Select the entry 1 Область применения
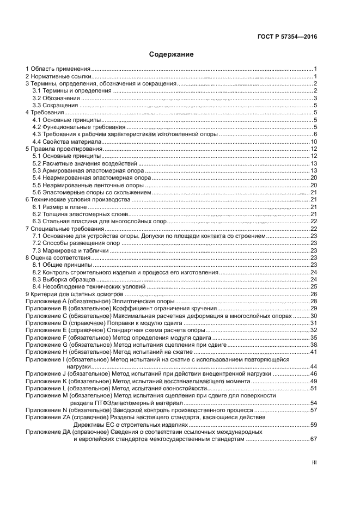[x=58, y=69]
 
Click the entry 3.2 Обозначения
[x=56, y=98]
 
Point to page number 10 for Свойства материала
[x=314, y=142]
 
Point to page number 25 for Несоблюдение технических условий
[x=314, y=286]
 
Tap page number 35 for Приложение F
[x=314, y=337]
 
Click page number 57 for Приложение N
[x=314, y=409]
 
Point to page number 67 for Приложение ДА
[x=314, y=438]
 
